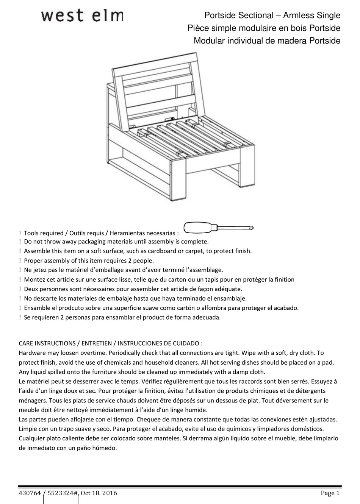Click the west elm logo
point(82,16)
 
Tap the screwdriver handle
point(198,228)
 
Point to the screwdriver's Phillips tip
point(250,228)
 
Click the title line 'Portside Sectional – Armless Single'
point(272,16)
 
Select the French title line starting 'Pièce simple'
point(264,28)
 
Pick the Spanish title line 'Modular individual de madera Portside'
point(267,41)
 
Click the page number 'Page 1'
point(330,493)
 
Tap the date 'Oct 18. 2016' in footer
point(99,493)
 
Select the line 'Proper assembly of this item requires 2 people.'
point(89,261)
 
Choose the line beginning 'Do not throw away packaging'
point(116,242)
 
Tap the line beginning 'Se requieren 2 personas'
point(122,317)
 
